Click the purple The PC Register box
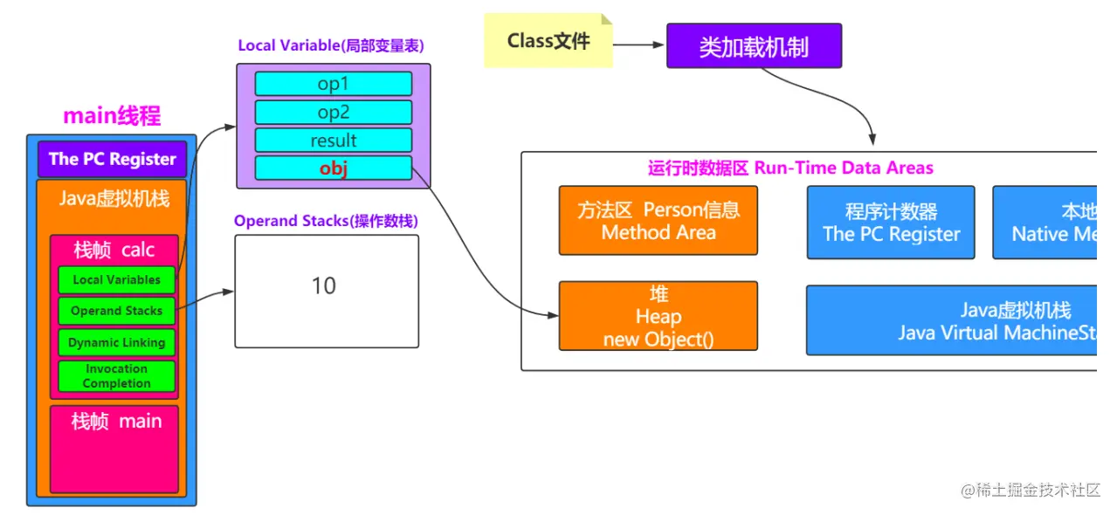(113, 159)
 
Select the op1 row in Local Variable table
(333, 84)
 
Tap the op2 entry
(333, 113)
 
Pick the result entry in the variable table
(333, 141)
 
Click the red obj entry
(333, 168)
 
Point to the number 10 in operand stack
(324, 286)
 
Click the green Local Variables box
(116, 280)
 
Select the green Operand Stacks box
(116, 311)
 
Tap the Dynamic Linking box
(116, 343)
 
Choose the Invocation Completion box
(116, 376)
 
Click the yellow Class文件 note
(548, 41)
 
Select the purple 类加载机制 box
(754, 46)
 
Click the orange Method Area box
(658, 220)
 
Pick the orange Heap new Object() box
(658, 316)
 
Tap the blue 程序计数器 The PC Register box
(890, 223)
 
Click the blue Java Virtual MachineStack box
(952, 320)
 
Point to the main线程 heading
(112, 116)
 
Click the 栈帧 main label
(116, 422)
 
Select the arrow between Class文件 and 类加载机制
(638, 45)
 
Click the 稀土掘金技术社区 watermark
(1031, 491)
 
